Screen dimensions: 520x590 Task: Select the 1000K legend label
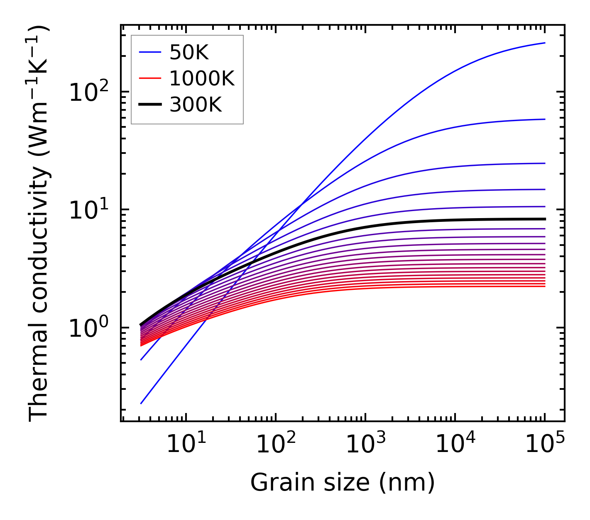click(202, 78)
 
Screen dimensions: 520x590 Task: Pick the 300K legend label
click(196, 105)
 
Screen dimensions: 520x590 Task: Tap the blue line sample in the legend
click(149, 52)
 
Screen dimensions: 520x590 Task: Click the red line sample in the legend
click(149, 78)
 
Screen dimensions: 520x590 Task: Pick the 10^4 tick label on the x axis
click(455, 445)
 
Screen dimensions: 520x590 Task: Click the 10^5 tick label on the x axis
click(544, 445)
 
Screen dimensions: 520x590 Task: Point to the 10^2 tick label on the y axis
click(88, 92)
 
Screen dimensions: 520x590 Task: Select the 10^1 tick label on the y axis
click(88, 210)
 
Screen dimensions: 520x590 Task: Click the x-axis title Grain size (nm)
click(343, 483)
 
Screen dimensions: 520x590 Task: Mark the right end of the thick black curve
click(545, 219)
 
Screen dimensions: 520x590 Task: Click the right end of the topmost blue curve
click(545, 43)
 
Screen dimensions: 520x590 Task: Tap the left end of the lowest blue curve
click(141, 403)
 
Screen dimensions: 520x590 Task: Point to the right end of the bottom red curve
click(545, 286)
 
